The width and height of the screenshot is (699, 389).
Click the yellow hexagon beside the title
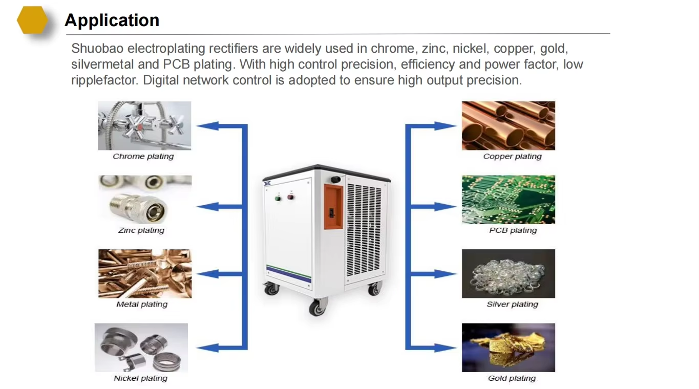point(32,20)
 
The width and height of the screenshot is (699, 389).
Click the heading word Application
point(112,20)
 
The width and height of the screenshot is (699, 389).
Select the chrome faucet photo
point(144,125)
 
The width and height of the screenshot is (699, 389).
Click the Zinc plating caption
point(141,230)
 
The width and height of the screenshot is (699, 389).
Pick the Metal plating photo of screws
point(145,273)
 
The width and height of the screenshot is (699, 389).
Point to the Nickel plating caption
point(140,378)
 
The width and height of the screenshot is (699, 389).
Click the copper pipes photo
point(509,125)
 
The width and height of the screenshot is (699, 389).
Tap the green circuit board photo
point(509,199)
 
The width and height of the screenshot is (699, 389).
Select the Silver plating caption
point(513,304)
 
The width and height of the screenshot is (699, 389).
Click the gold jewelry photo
point(509,348)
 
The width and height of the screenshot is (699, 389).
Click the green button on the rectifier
point(278,199)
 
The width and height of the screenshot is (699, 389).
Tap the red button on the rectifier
point(290,197)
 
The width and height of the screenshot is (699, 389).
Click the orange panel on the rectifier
point(333,206)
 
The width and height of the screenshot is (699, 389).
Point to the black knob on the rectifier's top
point(336,179)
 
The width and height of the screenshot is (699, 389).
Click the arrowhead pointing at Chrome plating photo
point(207,126)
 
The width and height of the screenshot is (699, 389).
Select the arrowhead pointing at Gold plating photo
point(446,348)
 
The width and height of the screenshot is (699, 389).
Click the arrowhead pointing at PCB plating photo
point(446,206)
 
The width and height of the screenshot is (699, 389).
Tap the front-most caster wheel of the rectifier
point(317,307)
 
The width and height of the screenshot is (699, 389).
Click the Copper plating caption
point(513,156)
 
